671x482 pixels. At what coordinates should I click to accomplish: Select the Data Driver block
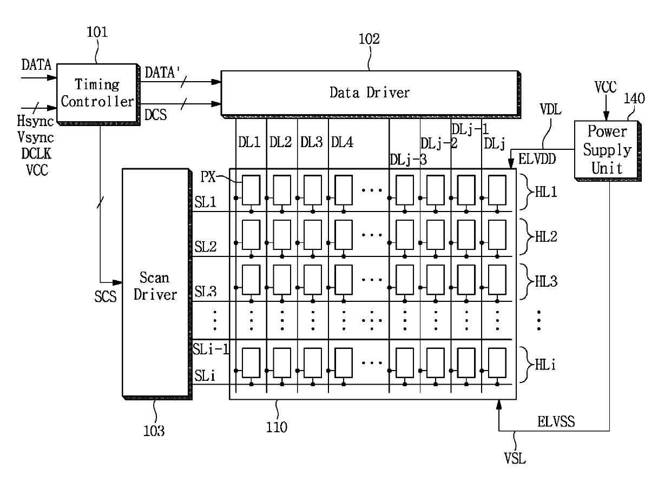[370, 94]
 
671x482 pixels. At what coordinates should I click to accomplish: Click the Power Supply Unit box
[607, 150]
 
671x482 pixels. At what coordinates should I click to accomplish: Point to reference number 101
[97, 32]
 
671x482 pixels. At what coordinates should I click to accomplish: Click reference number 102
[369, 39]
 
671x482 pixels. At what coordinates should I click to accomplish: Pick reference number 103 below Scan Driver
[154, 431]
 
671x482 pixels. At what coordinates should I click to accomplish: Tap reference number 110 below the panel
[277, 427]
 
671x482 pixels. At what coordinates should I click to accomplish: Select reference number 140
[634, 98]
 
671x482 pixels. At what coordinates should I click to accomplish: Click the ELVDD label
[537, 159]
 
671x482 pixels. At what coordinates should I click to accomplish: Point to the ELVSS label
[556, 422]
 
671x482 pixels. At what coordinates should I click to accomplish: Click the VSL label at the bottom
[515, 458]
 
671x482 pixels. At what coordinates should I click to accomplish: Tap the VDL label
[550, 109]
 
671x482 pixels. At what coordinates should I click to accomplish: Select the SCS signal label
[106, 296]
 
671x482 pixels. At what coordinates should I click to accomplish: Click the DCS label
[155, 115]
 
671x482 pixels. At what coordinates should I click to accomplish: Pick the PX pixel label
[208, 177]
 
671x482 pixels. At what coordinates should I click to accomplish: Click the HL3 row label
[546, 282]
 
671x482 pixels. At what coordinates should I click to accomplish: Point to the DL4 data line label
[342, 142]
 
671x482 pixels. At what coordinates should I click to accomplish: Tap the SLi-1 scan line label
[211, 349]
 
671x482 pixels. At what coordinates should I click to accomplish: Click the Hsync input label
[35, 121]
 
